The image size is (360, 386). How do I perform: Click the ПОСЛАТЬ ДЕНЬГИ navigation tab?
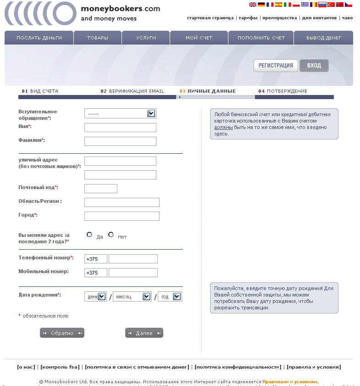coord(39,38)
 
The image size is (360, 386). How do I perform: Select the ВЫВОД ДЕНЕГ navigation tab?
coord(324,38)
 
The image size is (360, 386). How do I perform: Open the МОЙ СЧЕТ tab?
coord(199,38)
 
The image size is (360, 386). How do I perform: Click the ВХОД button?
coord(314,66)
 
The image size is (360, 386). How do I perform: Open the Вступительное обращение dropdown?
coord(120,113)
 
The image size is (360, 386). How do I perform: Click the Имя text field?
coord(120,128)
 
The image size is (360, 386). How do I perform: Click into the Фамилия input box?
coord(120,141)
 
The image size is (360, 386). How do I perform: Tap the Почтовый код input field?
coord(101,189)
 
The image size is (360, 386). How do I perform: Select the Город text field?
coord(122,216)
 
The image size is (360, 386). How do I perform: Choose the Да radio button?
coord(89,235)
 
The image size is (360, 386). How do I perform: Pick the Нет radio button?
coord(111,235)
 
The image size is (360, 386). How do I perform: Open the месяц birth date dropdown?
coord(132,297)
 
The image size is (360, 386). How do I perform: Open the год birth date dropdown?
coord(170,297)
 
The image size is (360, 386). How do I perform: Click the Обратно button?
coord(62,333)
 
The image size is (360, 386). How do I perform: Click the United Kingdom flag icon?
coord(253,5)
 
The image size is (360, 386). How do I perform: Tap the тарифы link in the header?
coord(248,18)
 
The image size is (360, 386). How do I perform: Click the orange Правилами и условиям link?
coord(289,381)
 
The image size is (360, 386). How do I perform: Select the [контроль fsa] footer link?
coord(60,367)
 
